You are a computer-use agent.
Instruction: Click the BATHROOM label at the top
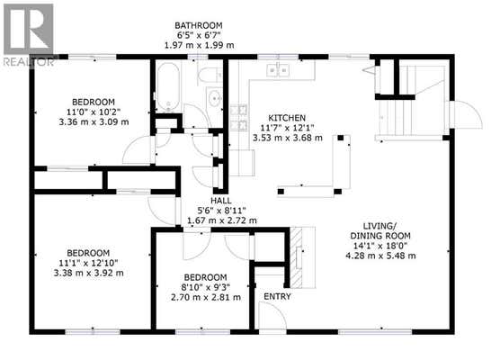(x=199, y=25)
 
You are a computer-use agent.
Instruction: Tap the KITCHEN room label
(x=287, y=118)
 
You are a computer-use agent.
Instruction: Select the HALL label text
(x=221, y=201)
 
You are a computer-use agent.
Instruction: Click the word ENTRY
(x=277, y=296)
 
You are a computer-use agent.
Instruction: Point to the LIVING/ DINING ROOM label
(x=380, y=231)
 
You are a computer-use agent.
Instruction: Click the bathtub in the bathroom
(x=167, y=86)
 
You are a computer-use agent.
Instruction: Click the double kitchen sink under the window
(x=278, y=70)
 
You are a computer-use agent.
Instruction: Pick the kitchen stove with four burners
(x=239, y=117)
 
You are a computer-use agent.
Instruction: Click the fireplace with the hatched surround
(x=302, y=257)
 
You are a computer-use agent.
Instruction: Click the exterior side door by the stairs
(x=466, y=114)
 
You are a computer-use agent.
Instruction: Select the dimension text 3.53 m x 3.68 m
(x=288, y=138)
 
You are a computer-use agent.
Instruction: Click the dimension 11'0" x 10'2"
(x=94, y=112)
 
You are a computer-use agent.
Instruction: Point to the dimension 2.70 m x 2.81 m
(x=206, y=297)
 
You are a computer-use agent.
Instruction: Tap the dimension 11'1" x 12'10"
(x=88, y=263)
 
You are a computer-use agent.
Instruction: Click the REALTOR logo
(x=29, y=34)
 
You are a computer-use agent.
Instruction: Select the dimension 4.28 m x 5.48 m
(x=380, y=256)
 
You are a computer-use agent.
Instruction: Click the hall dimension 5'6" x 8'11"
(x=221, y=211)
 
